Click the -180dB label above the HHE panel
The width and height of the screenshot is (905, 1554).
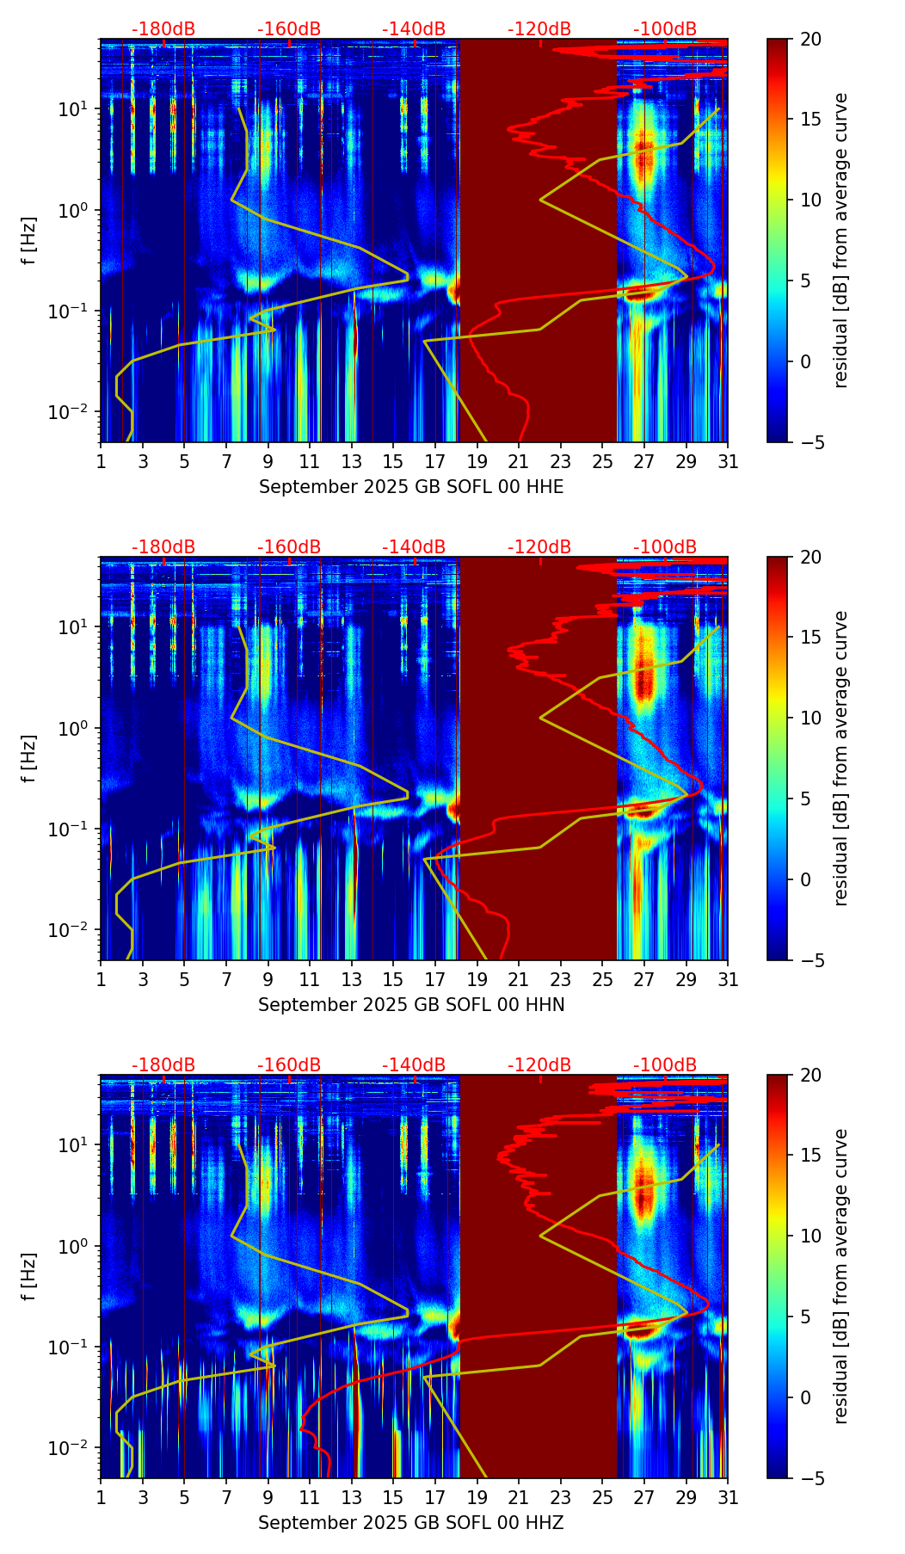click(163, 29)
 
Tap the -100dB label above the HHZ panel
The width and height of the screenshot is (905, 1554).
click(665, 1065)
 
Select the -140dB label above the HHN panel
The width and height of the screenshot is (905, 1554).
click(414, 547)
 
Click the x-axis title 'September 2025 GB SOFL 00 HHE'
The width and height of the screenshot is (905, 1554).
click(411, 487)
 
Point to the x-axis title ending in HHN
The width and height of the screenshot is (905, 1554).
click(411, 1005)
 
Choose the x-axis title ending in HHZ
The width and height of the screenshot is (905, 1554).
click(411, 1523)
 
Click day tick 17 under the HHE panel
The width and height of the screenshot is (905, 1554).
click(435, 461)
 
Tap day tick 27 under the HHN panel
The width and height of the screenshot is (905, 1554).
click(644, 979)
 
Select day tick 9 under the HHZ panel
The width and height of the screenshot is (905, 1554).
click(268, 1497)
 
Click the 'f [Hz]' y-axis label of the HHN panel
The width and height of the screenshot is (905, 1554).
click(29, 758)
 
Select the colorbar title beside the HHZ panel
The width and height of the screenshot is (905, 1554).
click(840, 1276)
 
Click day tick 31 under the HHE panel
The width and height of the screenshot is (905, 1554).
click(728, 461)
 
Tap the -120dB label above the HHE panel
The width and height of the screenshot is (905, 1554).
click(539, 29)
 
